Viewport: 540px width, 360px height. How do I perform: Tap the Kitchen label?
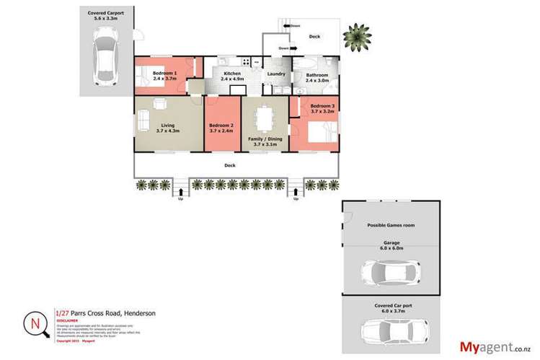232,74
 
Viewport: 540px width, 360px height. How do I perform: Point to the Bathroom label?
317,75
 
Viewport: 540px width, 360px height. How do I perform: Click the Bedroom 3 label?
322,107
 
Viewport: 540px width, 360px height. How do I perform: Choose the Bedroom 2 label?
223,126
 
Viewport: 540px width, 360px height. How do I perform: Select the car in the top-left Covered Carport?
105,57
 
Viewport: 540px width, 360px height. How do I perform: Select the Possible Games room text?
390,226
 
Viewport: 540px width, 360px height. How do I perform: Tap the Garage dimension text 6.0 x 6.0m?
390,249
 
